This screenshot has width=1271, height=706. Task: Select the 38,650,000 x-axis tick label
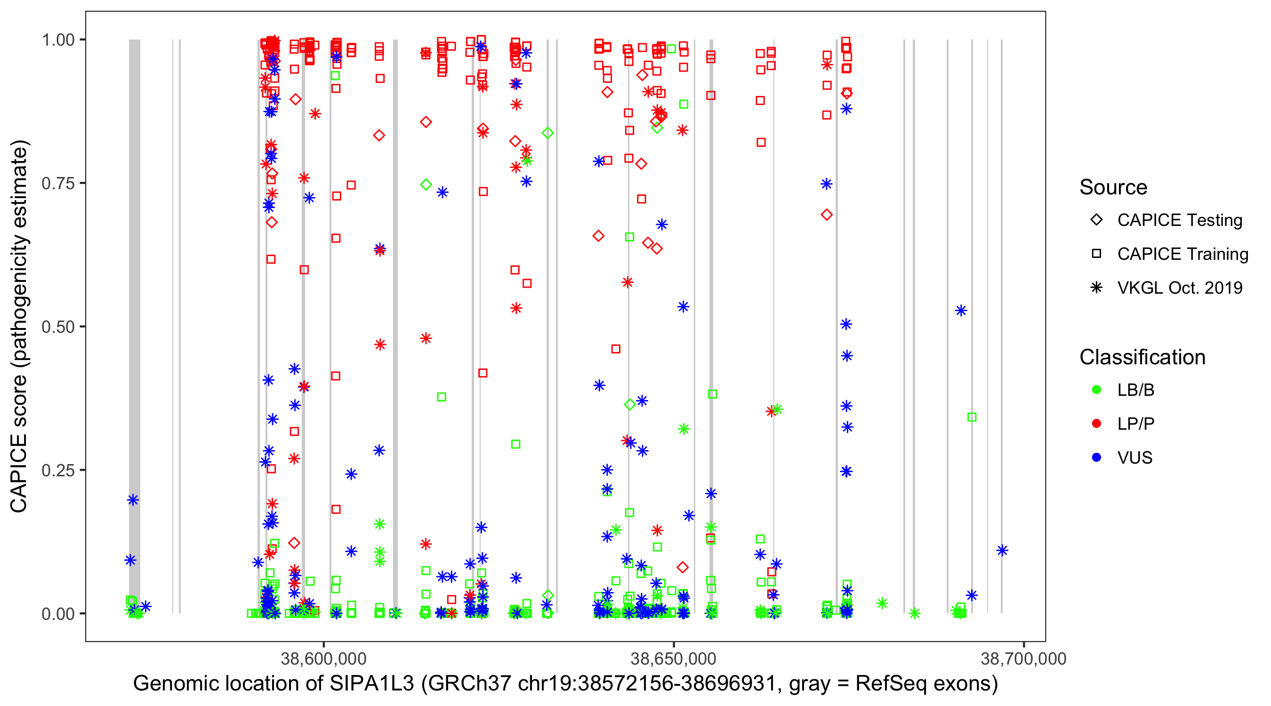(x=673, y=658)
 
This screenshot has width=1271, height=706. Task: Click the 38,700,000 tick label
(x=1023, y=658)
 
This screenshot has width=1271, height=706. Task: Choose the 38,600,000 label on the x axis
(x=323, y=658)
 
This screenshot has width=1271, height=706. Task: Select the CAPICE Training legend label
(x=1182, y=254)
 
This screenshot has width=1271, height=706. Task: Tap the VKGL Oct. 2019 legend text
(x=1179, y=288)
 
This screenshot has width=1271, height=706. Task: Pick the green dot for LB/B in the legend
(x=1096, y=390)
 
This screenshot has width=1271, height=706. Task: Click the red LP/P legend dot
(x=1096, y=424)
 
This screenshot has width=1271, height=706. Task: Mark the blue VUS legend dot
(x=1096, y=457)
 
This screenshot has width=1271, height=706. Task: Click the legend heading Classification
(x=1142, y=357)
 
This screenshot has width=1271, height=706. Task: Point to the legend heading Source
(x=1113, y=187)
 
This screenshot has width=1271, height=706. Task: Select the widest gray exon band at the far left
(x=134, y=326)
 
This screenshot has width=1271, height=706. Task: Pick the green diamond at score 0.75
(x=426, y=185)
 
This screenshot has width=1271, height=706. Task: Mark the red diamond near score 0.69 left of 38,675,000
(x=827, y=215)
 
